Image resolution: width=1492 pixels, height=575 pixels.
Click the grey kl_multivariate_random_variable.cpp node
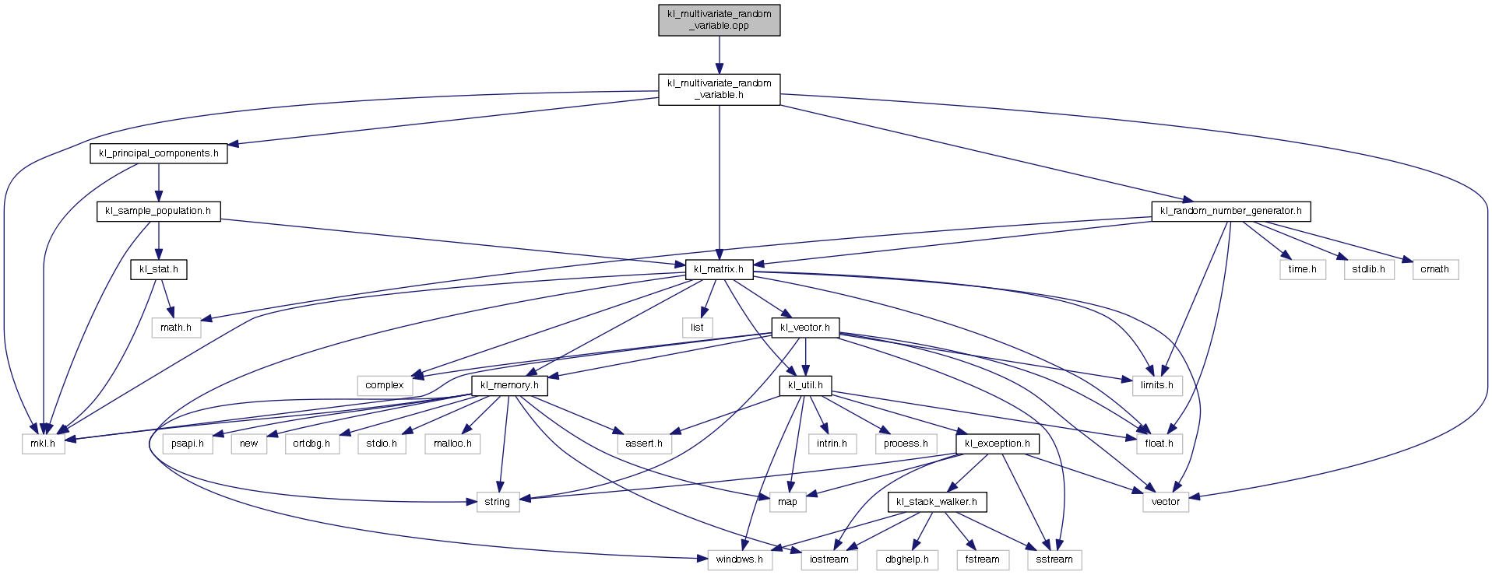point(719,20)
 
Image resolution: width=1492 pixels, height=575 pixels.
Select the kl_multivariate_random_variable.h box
point(719,89)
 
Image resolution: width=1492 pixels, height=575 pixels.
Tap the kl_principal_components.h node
point(159,153)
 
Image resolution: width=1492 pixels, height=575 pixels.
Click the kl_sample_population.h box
point(158,211)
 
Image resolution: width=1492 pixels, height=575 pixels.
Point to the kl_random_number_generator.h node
point(1230,211)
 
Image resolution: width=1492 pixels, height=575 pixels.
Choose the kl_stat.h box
point(159,269)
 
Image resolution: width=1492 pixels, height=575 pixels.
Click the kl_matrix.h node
point(719,269)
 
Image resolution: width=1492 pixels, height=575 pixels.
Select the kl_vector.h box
point(804,328)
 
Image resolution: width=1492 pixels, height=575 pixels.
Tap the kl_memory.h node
point(509,385)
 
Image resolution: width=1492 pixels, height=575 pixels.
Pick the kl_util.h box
point(804,385)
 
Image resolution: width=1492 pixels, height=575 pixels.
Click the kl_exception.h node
point(997,444)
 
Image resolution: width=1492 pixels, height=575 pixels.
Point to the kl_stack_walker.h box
point(937,502)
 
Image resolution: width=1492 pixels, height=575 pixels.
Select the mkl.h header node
point(44,444)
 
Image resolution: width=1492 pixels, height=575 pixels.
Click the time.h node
point(1302,269)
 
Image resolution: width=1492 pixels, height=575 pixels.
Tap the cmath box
point(1434,269)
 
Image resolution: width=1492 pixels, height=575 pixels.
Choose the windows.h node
point(739,559)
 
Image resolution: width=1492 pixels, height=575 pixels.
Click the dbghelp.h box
point(906,559)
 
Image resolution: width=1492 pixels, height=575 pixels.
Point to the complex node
point(385,385)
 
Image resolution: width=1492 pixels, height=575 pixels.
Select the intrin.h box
point(832,444)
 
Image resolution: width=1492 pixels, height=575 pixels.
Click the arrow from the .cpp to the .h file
point(719,54)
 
